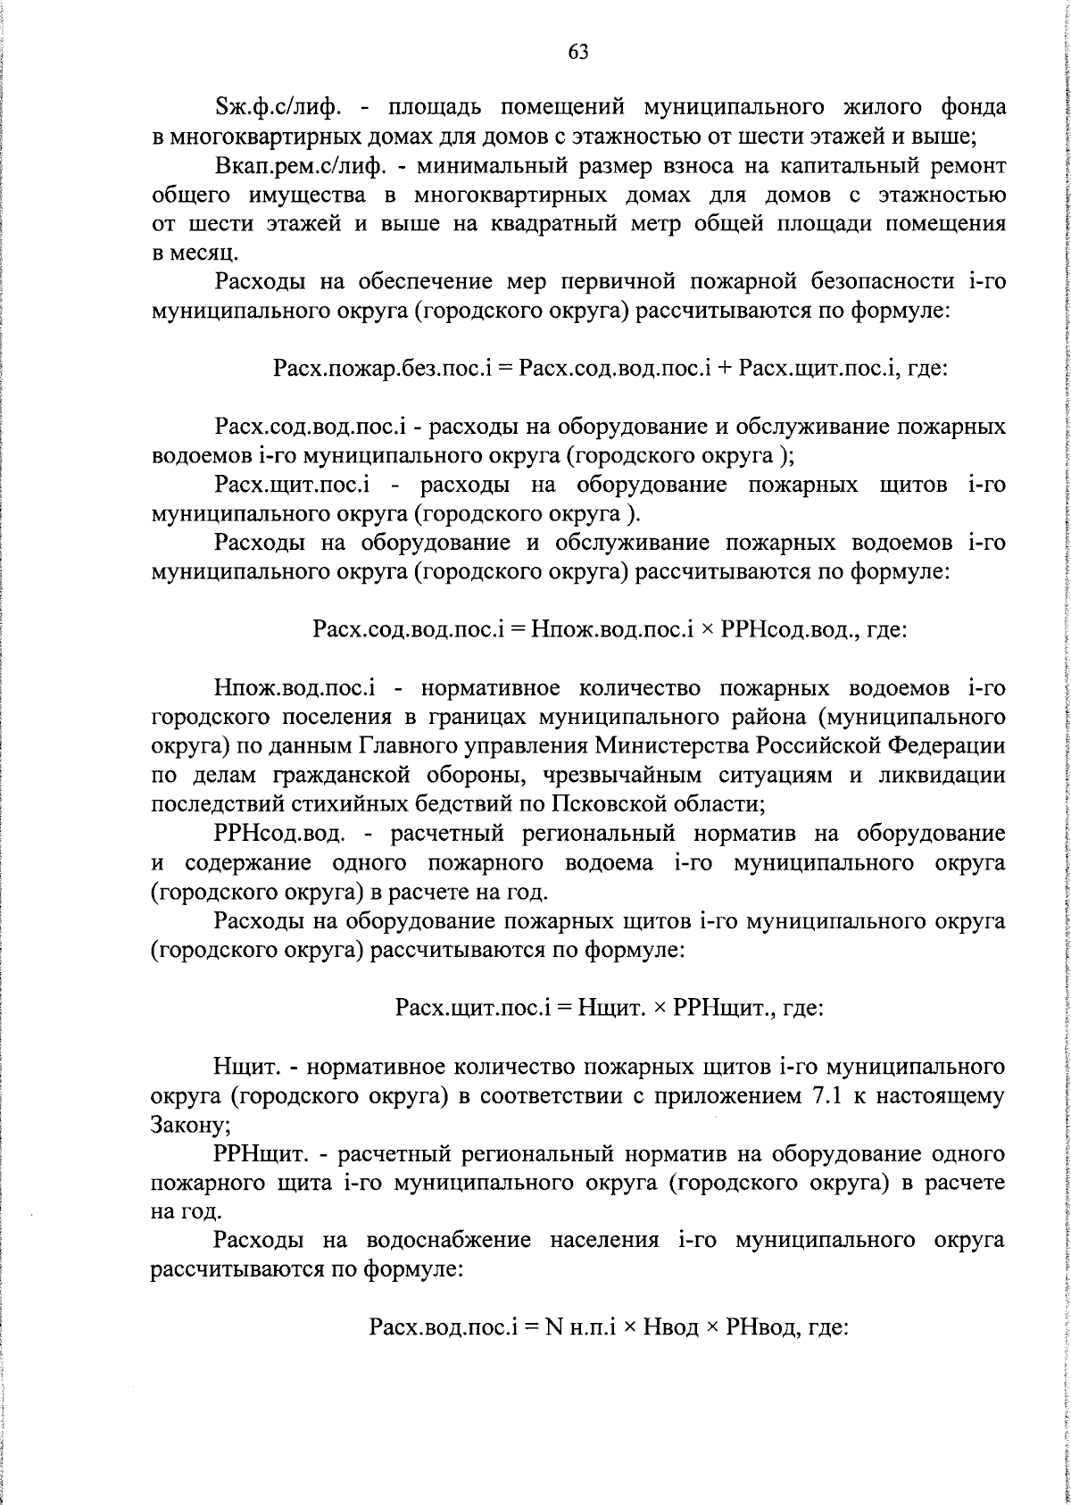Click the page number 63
[x=578, y=52]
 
